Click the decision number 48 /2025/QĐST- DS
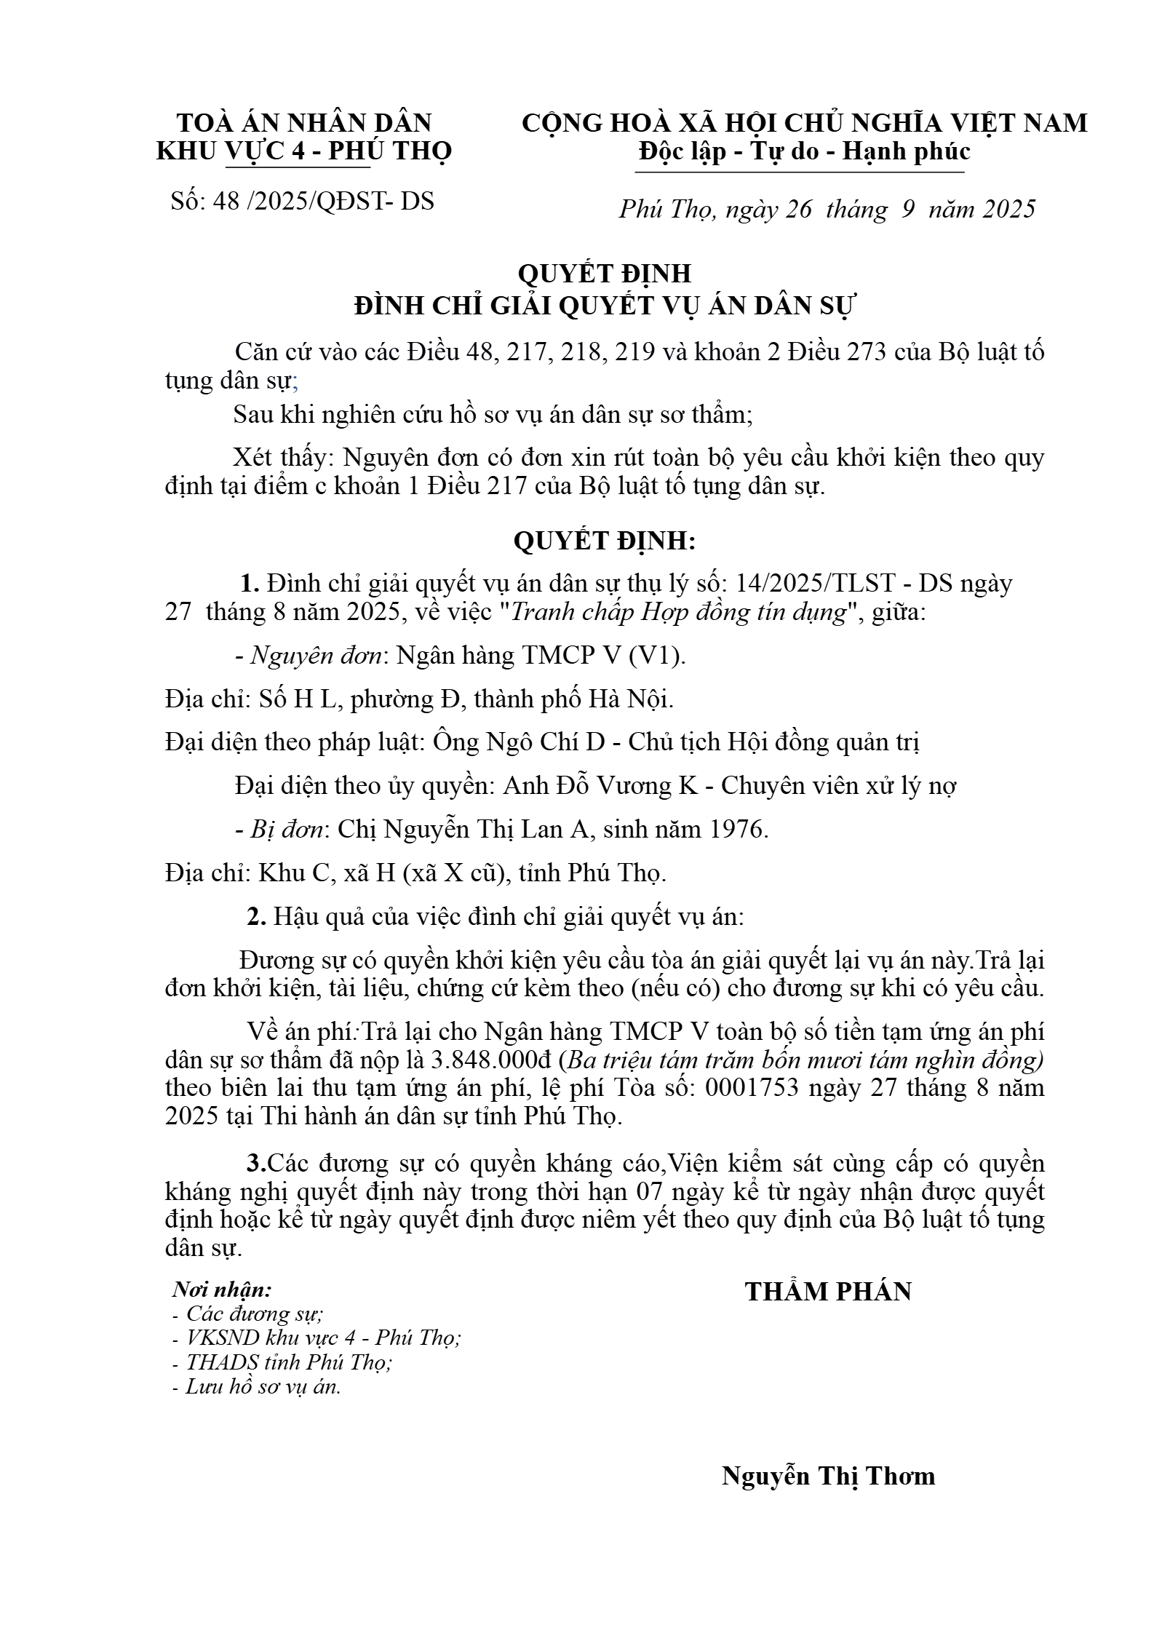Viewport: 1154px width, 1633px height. pyautogui.click(x=323, y=202)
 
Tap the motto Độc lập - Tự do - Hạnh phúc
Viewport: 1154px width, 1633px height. pyautogui.click(x=804, y=151)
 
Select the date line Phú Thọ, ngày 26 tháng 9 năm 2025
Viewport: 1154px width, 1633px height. pyautogui.click(x=827, y=210)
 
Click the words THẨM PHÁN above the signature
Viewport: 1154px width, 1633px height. pyautogui.click(x=828, y=1291)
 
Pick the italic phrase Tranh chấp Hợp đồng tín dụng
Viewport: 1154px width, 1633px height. pyautogui.click(x=680, y=613)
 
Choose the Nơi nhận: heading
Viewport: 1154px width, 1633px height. pyautogui.click(x=222, y=1290)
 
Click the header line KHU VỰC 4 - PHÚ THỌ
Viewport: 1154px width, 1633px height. pyautogui.click(x=304, y=151)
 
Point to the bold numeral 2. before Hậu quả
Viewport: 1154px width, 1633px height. pyautogui.click(x=256, y=917)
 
